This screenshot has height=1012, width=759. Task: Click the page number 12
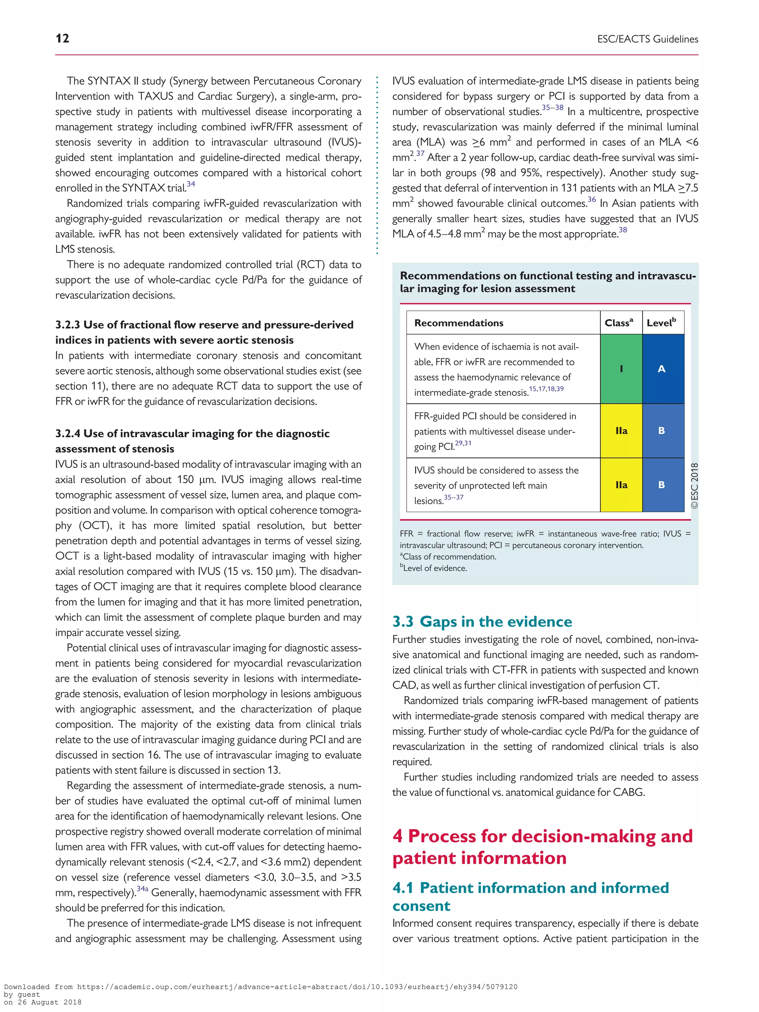click(x=62, y=39)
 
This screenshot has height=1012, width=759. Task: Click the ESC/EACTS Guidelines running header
click(x=647, y=39)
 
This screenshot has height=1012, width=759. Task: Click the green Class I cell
click(x=621, y=369)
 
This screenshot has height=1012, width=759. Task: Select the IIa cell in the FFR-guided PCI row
click(x=621, y=431)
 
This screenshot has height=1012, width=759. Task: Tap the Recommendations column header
click(x=458, y=323)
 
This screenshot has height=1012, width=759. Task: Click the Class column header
click(x=619, y=323)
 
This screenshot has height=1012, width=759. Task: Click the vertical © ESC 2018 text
click(x=695, y=485)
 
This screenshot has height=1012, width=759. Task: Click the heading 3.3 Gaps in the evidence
click(x=482, y=621)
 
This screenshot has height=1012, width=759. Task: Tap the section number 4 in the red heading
click(x=398, y=836)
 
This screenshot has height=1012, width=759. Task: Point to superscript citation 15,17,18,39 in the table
click(x=546, y=389)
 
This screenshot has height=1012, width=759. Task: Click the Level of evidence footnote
click(x=434, y=568)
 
